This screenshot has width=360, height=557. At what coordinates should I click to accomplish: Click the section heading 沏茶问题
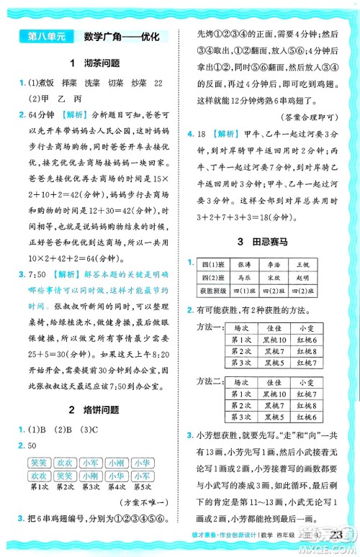click(99, 63)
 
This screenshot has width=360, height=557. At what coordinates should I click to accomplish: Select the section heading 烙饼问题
click(99, 410)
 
